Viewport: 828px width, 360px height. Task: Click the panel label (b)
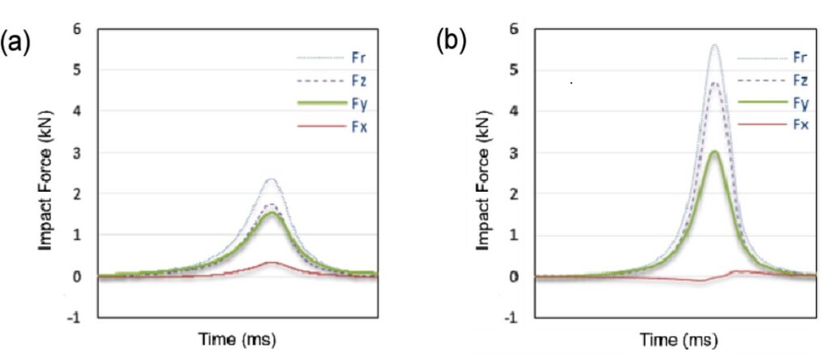tap(451, 41)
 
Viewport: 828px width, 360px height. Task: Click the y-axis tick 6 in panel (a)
tap(78, 29)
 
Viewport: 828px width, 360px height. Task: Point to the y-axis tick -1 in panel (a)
tap(76, 317)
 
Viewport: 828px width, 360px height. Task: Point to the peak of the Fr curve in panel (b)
tap(714, 45)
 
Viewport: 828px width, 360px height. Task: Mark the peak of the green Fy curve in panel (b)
tap(714, 151)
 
